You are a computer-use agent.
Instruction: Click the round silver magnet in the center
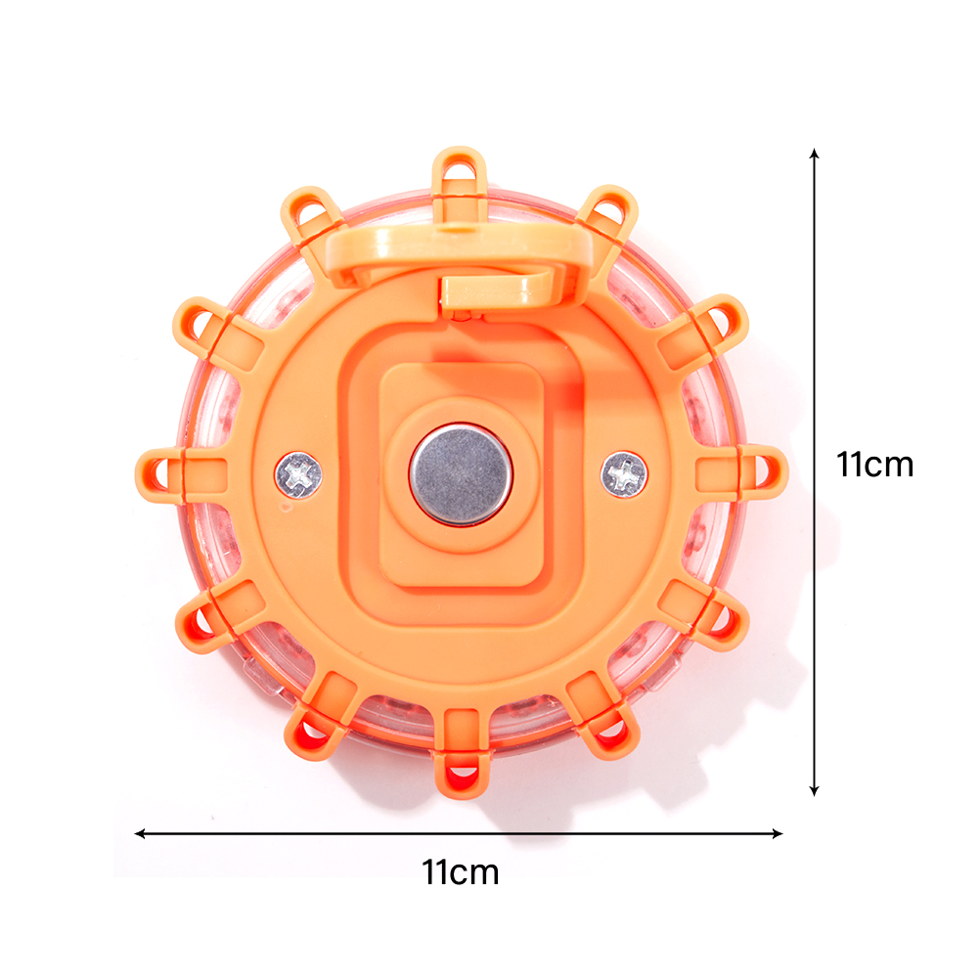click(x=461, y=473)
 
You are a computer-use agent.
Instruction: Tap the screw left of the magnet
click(x=298, y=475)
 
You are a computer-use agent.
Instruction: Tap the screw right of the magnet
click(x=624, y=474)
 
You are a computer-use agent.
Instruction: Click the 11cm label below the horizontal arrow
click(x=461, y=871)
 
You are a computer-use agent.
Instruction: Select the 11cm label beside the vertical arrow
click(x=875, y=464)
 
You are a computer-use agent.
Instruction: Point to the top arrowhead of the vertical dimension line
click(x=814, y=154)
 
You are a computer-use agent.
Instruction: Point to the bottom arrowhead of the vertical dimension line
click(x=814, y=792)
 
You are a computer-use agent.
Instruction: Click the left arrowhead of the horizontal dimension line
click(x=140, y=833)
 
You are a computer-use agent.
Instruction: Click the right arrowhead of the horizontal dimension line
click(x=778, y=833)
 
